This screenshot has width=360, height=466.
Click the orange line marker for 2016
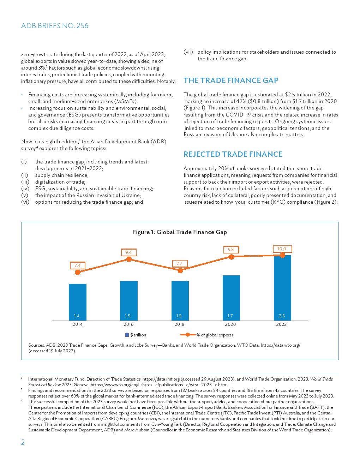[129, 259]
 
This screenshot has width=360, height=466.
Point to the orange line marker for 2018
[180, 270]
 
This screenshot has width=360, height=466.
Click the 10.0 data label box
[282, 249]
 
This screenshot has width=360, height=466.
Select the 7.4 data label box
[77, 265]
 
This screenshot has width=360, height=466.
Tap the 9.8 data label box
[231, 250]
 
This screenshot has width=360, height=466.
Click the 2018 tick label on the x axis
[179, 324]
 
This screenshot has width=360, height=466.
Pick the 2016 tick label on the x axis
[128, 324]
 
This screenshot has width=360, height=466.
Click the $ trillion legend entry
[136, 335]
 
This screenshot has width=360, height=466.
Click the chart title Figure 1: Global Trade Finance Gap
[180, 232]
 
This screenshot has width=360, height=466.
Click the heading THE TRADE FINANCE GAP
[231, 80]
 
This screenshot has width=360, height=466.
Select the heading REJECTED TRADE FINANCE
[233, 154]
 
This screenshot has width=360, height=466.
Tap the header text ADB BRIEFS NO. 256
[55, 26]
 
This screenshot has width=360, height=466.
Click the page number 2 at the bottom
[23, 442]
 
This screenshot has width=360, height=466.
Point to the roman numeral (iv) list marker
[25, 189]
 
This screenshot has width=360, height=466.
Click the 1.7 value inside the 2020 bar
[230, 316]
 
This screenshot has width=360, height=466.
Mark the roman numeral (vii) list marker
[188, 52]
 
